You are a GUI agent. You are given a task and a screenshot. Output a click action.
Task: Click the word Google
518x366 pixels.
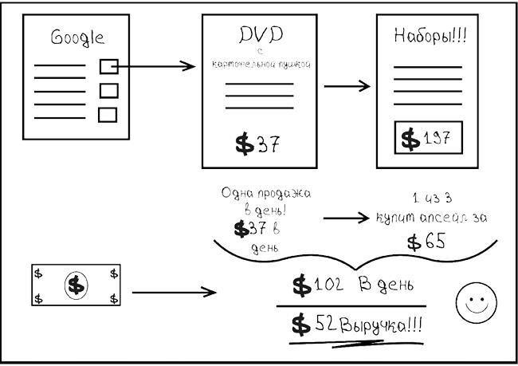pos(77,37)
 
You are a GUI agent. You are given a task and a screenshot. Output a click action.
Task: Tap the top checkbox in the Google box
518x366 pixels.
pos(108,66)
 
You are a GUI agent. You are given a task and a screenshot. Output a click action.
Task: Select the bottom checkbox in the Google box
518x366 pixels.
pos(108,114)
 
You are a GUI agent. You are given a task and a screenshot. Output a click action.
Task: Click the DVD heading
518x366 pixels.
pos(261,35)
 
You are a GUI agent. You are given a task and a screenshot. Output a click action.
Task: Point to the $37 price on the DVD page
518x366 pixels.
pos(257,144)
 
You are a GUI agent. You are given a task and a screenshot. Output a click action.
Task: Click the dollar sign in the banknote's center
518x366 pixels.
pos(76,285)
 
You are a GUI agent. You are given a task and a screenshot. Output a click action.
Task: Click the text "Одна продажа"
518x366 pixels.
pos(265,194)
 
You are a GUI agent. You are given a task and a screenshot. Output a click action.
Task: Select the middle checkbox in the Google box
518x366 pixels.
pos(108,90)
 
